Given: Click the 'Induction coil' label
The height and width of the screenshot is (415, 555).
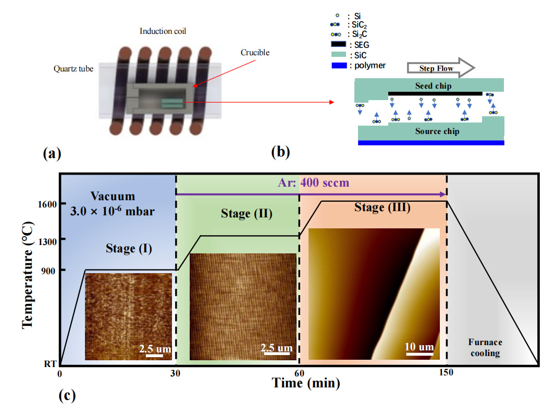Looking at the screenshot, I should [x=163, y=31].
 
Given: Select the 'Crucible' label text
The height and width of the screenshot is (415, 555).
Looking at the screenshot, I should [x=255, y=53].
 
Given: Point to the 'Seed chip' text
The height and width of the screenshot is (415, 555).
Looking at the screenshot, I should [x=433, y=86].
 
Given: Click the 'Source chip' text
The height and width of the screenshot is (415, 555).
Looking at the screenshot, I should [x=437, y=131].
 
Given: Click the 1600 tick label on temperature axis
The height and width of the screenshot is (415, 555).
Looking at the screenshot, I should [x=46, y=203].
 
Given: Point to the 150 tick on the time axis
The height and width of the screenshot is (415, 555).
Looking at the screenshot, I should [x=446, y=373].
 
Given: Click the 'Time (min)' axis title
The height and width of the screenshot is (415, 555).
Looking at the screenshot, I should [x=306, y=384].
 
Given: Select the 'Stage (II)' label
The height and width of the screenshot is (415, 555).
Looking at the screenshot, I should [x=246, y=213].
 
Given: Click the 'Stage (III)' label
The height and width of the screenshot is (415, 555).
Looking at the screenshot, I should [x=383, y=207].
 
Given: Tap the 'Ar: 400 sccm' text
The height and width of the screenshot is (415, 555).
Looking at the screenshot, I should [x=311, y=183].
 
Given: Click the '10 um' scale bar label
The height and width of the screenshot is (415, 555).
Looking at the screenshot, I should [x=419, y=347].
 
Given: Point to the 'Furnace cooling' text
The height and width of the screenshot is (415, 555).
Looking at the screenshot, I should [x=485, y=348].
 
